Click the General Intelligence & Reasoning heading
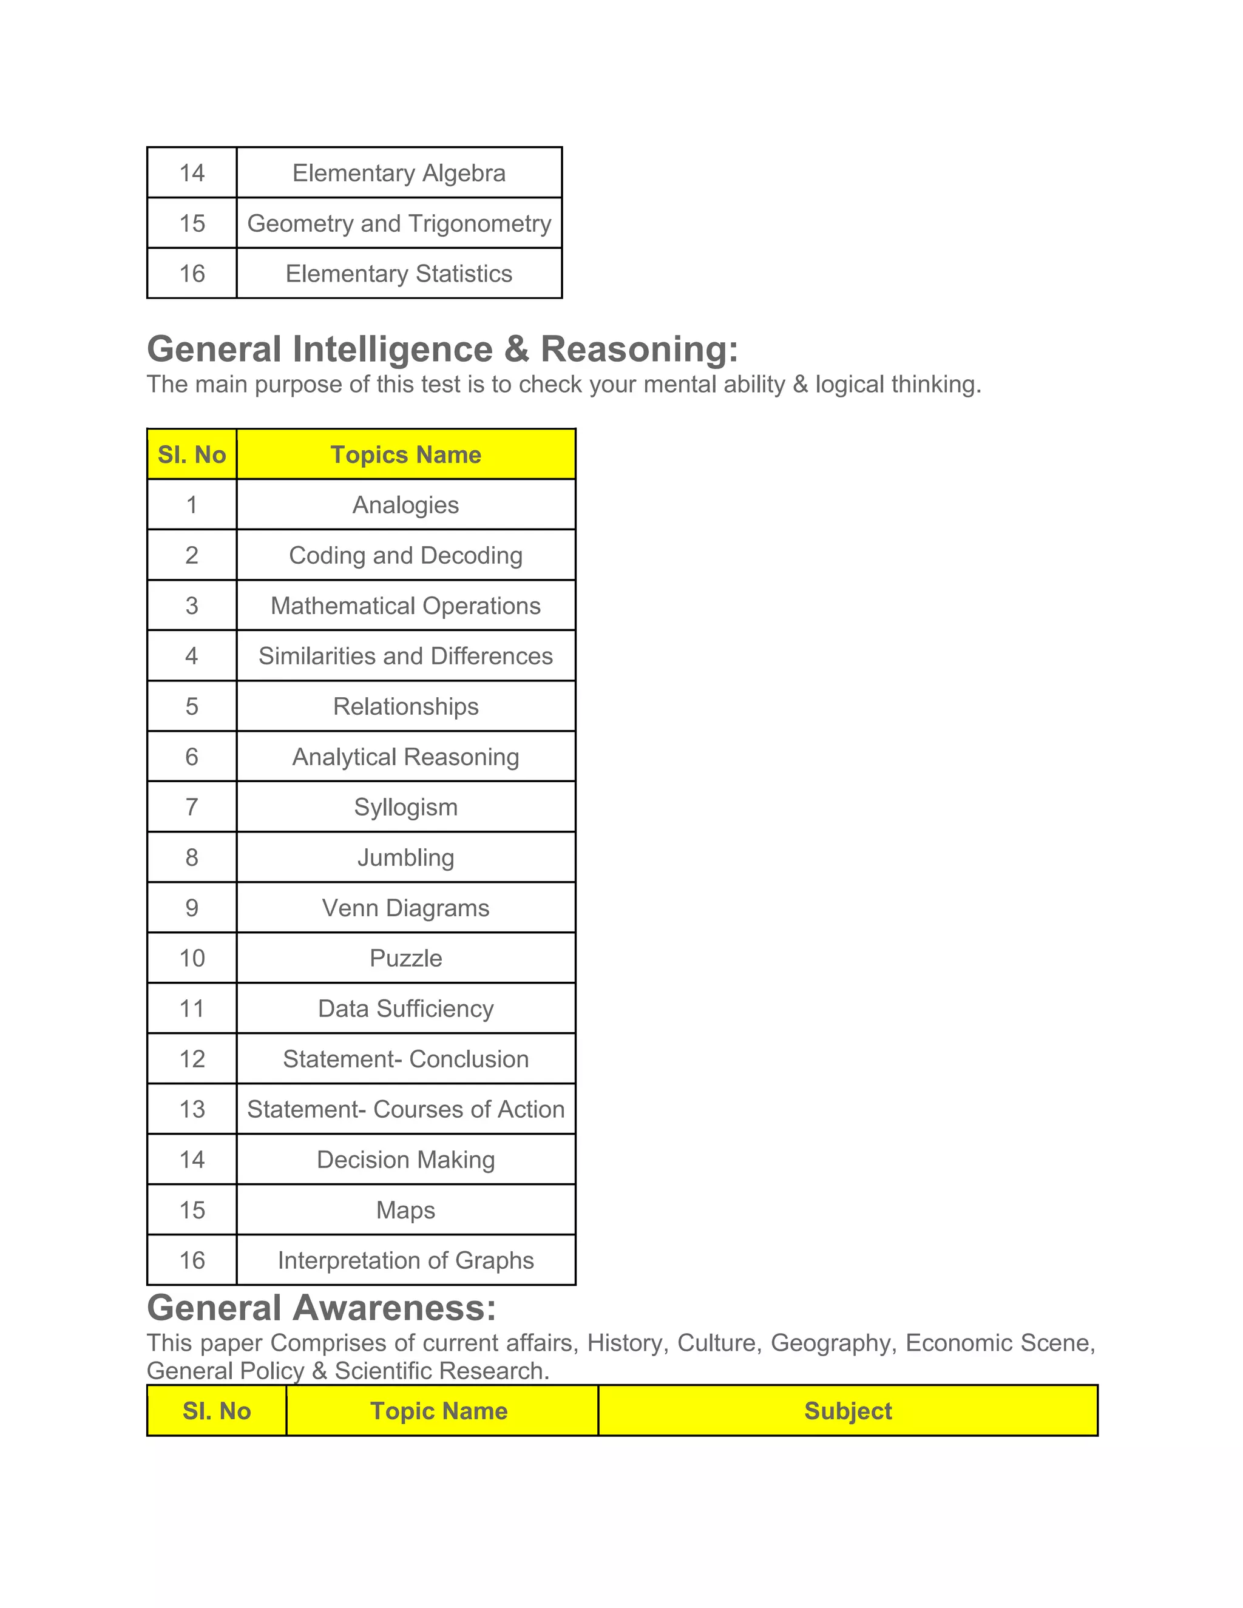[442, 349]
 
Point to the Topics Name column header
[406, 455]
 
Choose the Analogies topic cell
[406, 505]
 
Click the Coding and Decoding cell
[406, 555]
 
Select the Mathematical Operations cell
[406, 606]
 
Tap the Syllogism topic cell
[406, 807]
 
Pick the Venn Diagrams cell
[406, 908]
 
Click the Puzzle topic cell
[406, 958]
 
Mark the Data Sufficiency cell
[406, 1008]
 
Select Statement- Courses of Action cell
[406, 1110]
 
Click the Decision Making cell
[406, 1160]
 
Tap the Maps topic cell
[406, 1211]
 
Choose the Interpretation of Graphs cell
[406, 1260]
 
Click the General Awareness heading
[322, 1308]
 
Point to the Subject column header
[847, 1411]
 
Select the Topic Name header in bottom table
[439, 1411]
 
